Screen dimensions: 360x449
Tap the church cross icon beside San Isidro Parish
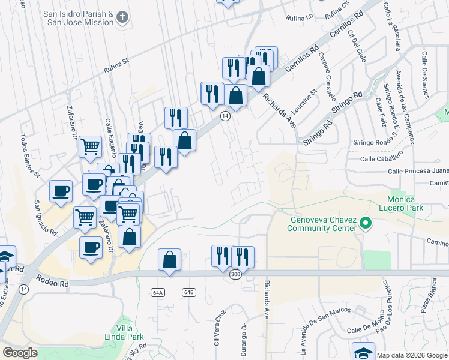[x=123, y=17]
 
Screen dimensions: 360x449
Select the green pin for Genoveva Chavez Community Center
[x=364, y=225]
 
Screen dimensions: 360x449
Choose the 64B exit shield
[x=189, y=292]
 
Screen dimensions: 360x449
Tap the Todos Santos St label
[x=29, y=155]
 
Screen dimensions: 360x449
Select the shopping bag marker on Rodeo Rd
[x=170, y=260]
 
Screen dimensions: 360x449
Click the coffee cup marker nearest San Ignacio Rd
[x=61, y=191]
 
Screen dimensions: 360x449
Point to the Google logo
[x=20, y=353]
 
